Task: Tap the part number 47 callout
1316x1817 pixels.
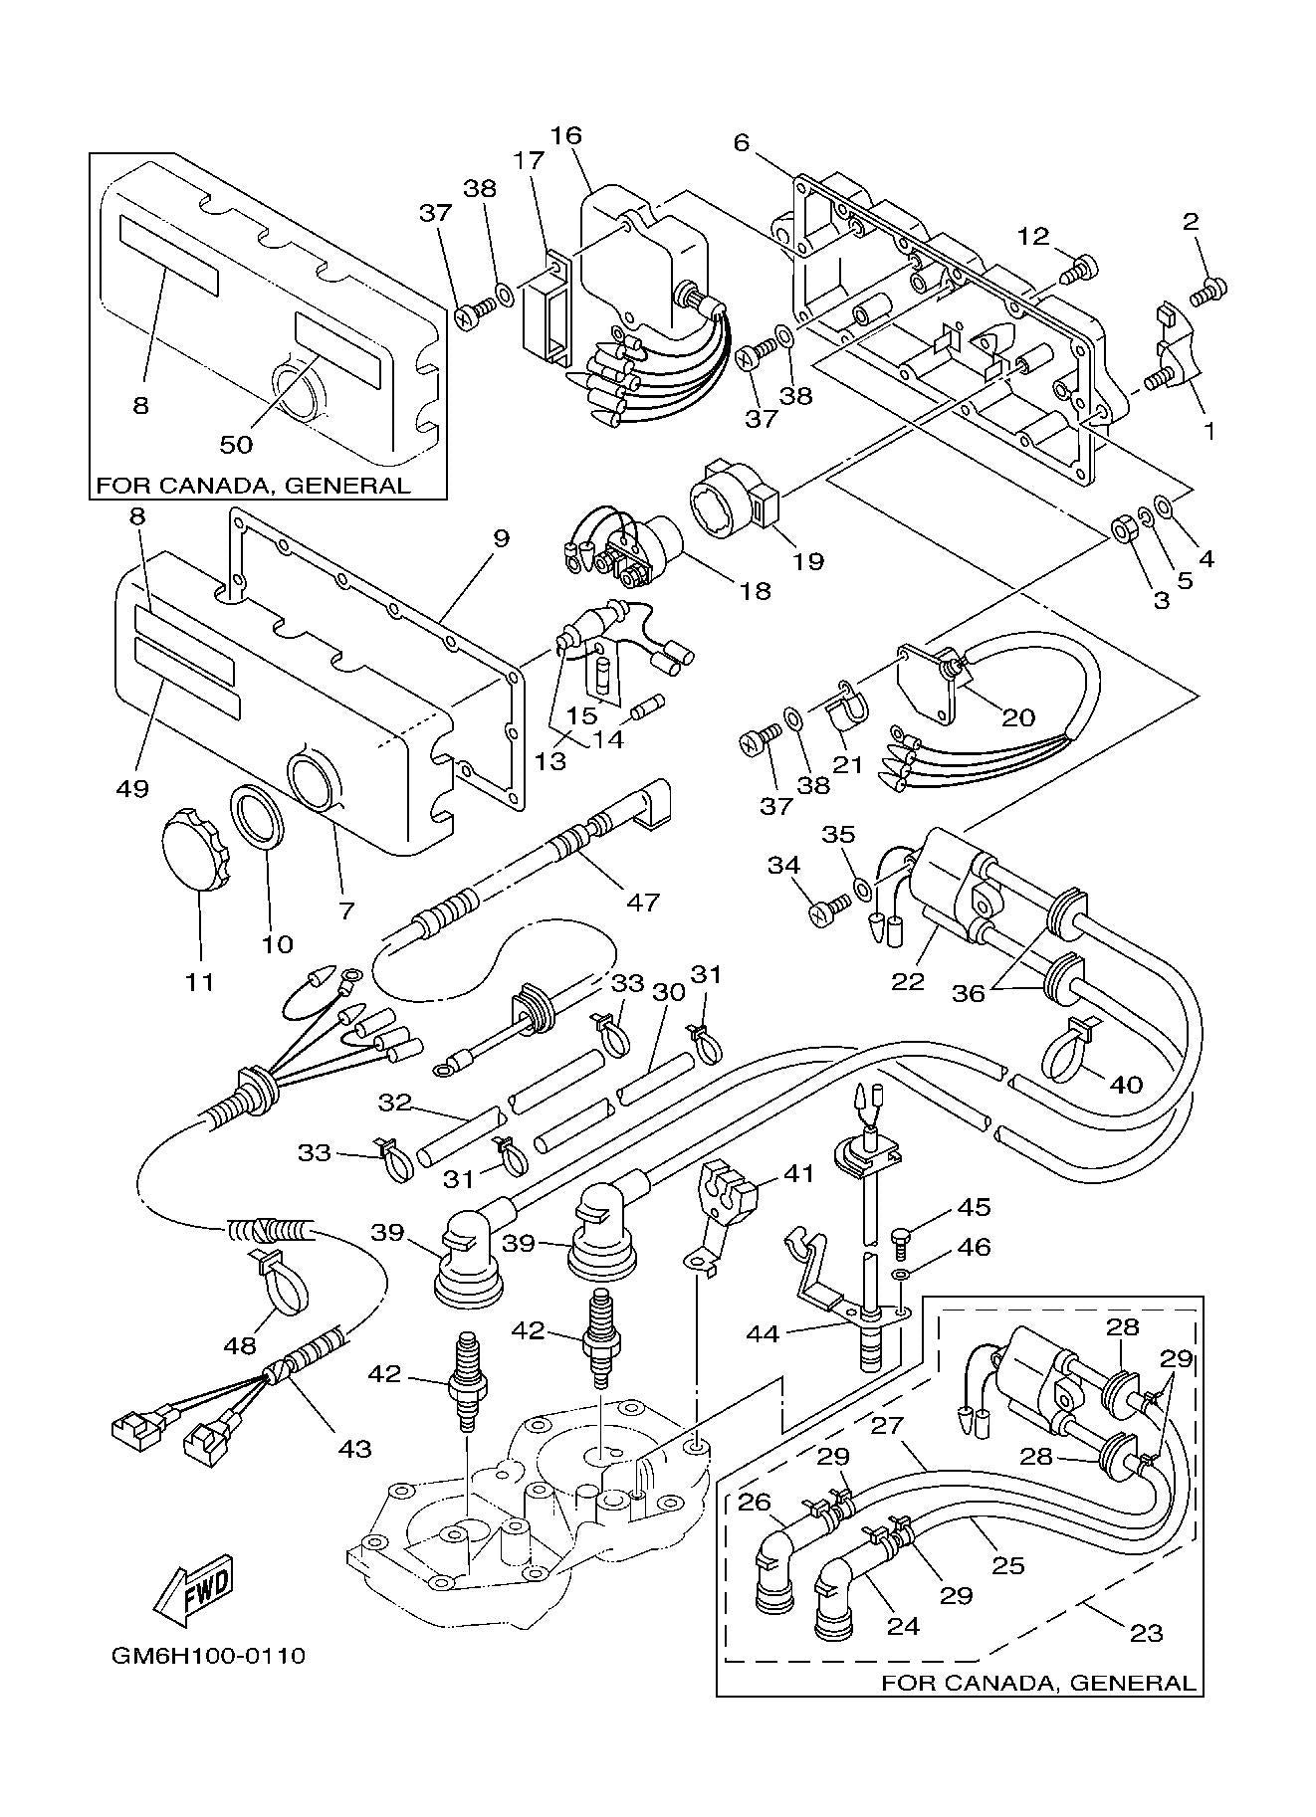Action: point(644,902)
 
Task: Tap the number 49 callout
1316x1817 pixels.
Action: point(132,788)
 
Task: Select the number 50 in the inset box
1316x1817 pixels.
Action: point(236,444)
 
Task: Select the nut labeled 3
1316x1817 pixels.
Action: point(1120,529)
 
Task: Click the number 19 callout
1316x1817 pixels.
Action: point(808,561)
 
